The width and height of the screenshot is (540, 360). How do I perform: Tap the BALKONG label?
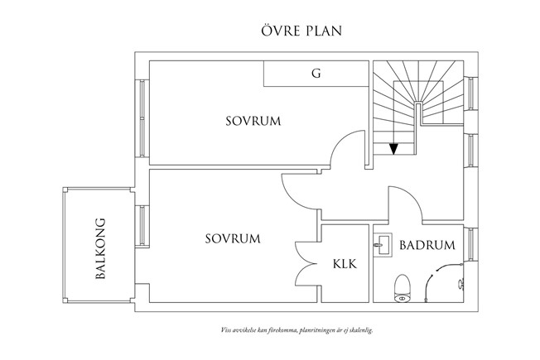click(102, 249)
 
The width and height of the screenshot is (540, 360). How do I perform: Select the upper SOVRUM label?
click(253, 121)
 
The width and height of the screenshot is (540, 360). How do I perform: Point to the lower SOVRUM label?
click(233, 238)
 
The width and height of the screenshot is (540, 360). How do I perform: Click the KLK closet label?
click(345, 265)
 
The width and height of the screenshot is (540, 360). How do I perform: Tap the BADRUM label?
click(427, 245)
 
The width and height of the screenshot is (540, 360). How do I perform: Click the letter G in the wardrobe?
click(316, 73)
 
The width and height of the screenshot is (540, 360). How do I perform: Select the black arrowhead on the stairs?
click(394, 149)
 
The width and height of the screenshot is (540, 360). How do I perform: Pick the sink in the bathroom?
click(384, 245)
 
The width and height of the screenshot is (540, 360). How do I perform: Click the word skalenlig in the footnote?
click(360, 329)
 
